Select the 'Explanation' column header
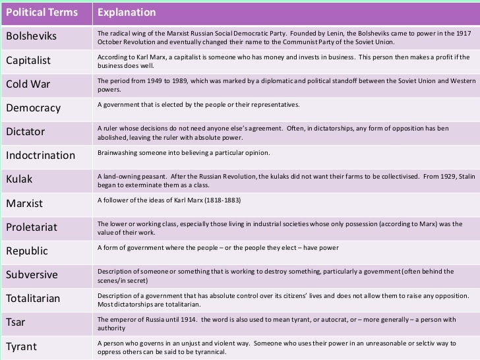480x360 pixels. [x=127, y=13]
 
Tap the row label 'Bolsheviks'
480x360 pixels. [x=31, y=37]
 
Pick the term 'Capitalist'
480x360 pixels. [x=29, y=61]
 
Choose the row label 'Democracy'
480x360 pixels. [x=33, y=108]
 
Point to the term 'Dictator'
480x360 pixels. [x=26, y=132]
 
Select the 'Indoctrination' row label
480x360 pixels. [x=41, y=156]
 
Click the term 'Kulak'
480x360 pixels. [x=19, y=179]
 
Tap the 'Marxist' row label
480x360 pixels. [x=24, y=203]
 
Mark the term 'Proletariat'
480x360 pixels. [x=32, y=227]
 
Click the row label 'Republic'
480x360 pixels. [x=28, y=251]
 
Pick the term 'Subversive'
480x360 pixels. [x=32, y=275]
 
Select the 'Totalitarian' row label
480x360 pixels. [x=33, y=299]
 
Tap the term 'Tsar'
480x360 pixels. [x=16, y=322]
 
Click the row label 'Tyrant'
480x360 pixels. [x=21, y=346]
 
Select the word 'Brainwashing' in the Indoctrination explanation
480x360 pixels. [x=115, y=153]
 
